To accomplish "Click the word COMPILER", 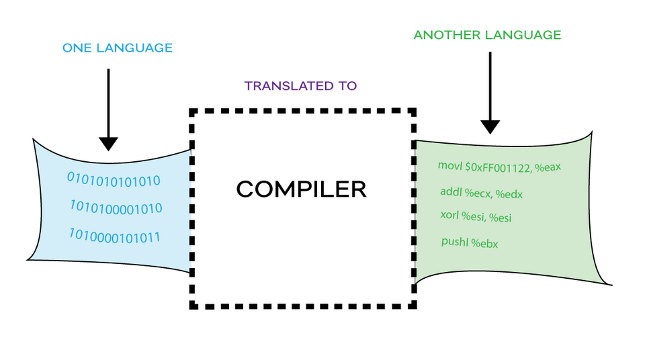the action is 301,189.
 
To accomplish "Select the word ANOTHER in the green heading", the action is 446,35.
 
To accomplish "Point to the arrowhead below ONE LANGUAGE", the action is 108,144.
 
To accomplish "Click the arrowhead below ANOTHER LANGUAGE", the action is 490,127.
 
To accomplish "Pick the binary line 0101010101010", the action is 114,180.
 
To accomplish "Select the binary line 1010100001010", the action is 116,208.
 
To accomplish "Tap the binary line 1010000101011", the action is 114,236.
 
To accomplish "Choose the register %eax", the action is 548,167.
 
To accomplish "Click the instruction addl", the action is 451,191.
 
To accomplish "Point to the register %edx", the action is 509,194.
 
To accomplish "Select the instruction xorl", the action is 449,215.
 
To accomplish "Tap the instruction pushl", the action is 455,241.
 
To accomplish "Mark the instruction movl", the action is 450,165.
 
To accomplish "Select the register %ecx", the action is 478,193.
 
